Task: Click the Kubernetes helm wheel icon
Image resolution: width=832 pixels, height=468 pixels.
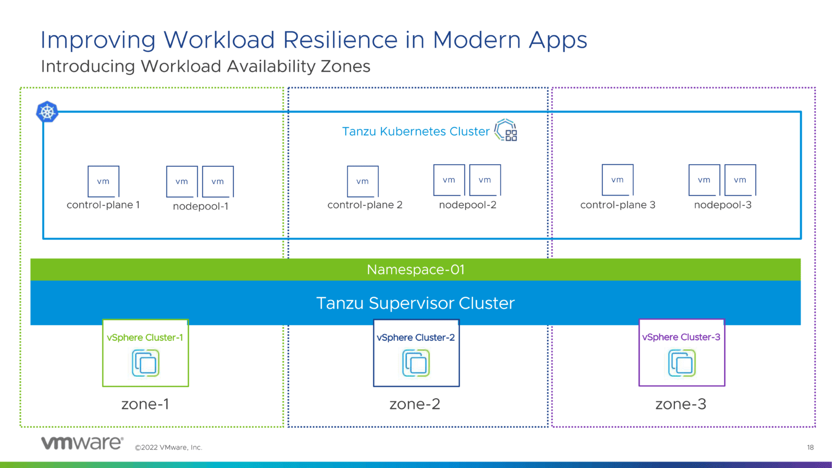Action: pyautogui.click(x=47, y=112)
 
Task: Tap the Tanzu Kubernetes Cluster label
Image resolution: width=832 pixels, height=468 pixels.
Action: pyautogui.click(x=415, y=132)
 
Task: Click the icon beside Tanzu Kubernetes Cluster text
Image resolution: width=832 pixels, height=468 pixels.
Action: pyautogui.click(x=506, y=131)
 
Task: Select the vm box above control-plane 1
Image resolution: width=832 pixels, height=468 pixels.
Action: pyautogui.click(x=103, y=181)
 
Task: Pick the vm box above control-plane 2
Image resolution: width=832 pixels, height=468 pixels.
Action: pyautogui.click(x=362, y=181)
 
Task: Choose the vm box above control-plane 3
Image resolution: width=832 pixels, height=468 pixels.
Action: pyautogui.click(x=617, y=180)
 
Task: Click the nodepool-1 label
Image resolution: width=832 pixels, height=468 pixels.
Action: pyautogui.click(x=200, y=206)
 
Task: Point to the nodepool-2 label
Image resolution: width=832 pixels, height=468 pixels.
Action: pyautogui.click(x=467, y=205)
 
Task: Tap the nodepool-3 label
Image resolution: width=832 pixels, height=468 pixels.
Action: pyautogui.click(x=723, y=205)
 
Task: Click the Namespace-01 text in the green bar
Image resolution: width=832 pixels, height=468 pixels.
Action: pyautogui.click(x=415, y=270)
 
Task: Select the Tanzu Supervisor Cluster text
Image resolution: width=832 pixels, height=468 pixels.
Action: pyautogui.click(x=415, y=303)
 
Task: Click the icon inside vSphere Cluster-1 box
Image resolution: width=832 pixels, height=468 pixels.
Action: pyautogui.click(x=146, y=363)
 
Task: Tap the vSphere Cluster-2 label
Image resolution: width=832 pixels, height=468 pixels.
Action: pyautogui.click(x=415, y=337)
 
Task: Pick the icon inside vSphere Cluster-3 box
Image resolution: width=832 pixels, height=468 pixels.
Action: pyautogui.click(x=681, y=363)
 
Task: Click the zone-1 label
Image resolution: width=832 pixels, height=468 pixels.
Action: pyautogui.click(x=145, y=404)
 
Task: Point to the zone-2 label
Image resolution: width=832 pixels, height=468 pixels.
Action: pyautogui.click(x=415, y=404)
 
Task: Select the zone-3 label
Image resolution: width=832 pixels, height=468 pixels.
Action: pyautogui.click(x=681, y=404)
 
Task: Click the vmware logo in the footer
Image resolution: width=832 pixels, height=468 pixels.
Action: pyautogui.click(x=82, y=443)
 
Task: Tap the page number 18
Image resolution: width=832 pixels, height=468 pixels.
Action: pyautogui.click(x=810, y=447)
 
